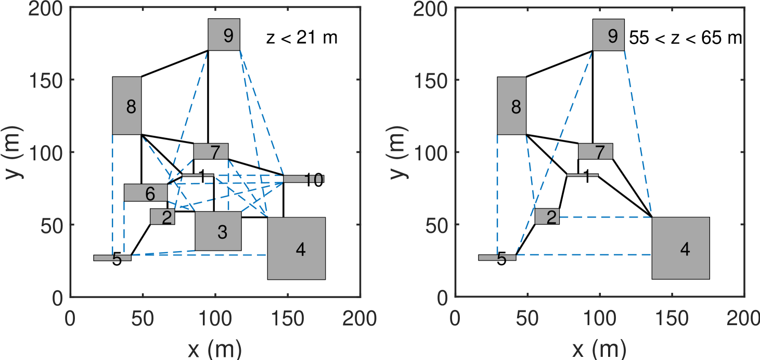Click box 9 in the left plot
coord(224,34)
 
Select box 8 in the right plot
coord(511,106)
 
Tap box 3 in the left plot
coord(218,231)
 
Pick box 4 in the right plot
coord(680,248)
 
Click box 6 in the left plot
coord(146,193)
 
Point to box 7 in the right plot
coord(595,151)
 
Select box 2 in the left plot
coord(162,216)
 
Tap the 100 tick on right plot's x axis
coord(600,317)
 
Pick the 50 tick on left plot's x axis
coord(143,317)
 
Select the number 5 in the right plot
coord(501,260)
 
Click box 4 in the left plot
coord(296,248)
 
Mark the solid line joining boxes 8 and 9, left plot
coord(174,64)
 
